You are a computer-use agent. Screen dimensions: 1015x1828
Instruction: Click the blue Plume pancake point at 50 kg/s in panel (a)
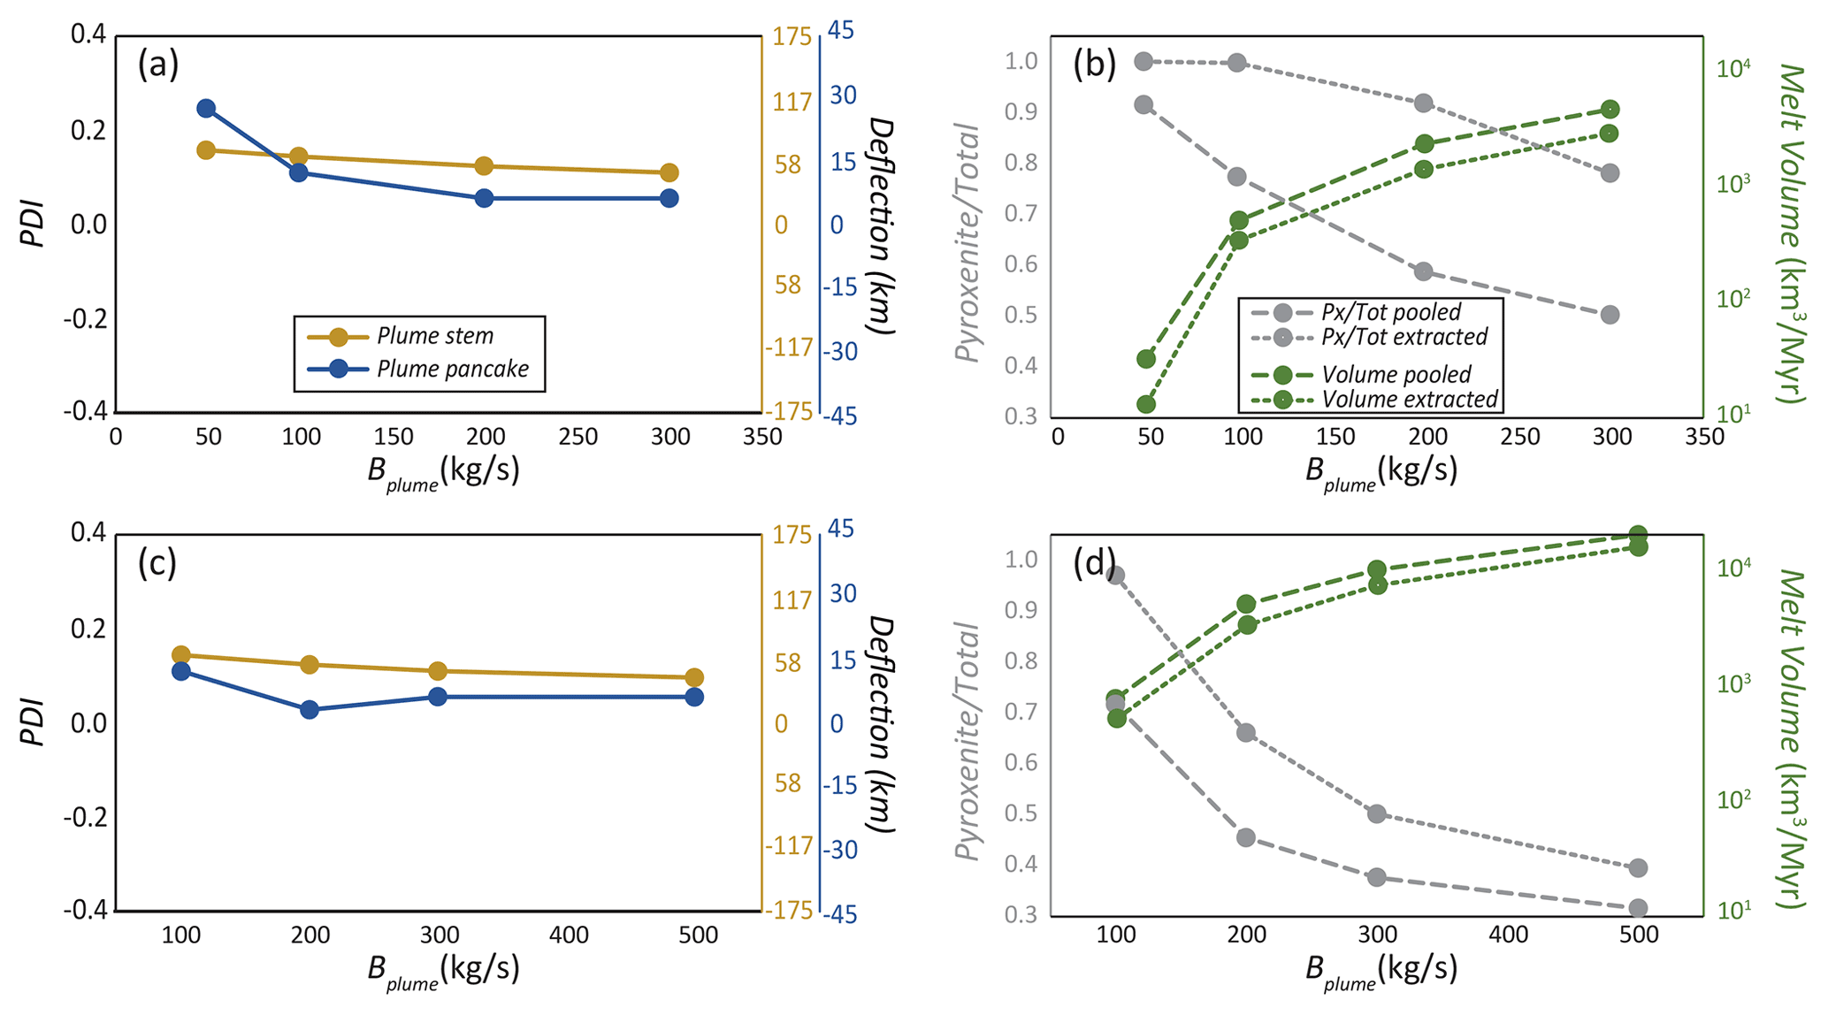tap(206, 109)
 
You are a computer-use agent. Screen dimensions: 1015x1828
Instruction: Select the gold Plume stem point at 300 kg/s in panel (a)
tap(669, 172)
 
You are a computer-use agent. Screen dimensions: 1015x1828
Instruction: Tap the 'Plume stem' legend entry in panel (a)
tap(434, 336)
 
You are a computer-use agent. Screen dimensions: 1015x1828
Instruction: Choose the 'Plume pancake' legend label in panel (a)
tap(453, 369)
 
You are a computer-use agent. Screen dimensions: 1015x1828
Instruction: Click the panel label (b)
tap(1094, 66)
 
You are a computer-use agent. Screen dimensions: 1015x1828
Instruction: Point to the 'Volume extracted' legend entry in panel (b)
tap(1410, 400)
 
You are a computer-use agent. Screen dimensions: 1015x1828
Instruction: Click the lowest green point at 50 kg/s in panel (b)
tap(1146, 405)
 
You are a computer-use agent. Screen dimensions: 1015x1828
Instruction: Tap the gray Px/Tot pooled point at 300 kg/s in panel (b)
tap(1610, 315)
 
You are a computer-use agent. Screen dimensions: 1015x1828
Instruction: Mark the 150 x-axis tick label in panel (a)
tap(394, 437)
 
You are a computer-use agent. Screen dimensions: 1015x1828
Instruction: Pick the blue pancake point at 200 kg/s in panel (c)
tap(310, 709)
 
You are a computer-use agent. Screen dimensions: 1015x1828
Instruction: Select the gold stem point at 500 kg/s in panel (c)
tap(694, 678)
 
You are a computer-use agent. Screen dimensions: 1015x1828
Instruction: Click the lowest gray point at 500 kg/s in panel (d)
tap(1638, 908)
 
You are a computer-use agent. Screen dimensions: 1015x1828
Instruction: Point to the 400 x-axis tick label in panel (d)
tap(1508, 935)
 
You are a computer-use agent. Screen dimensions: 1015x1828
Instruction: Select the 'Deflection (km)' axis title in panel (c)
tap(883, 724)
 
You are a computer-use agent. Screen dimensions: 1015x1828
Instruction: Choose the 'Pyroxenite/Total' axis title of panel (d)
tap(968, 740)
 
